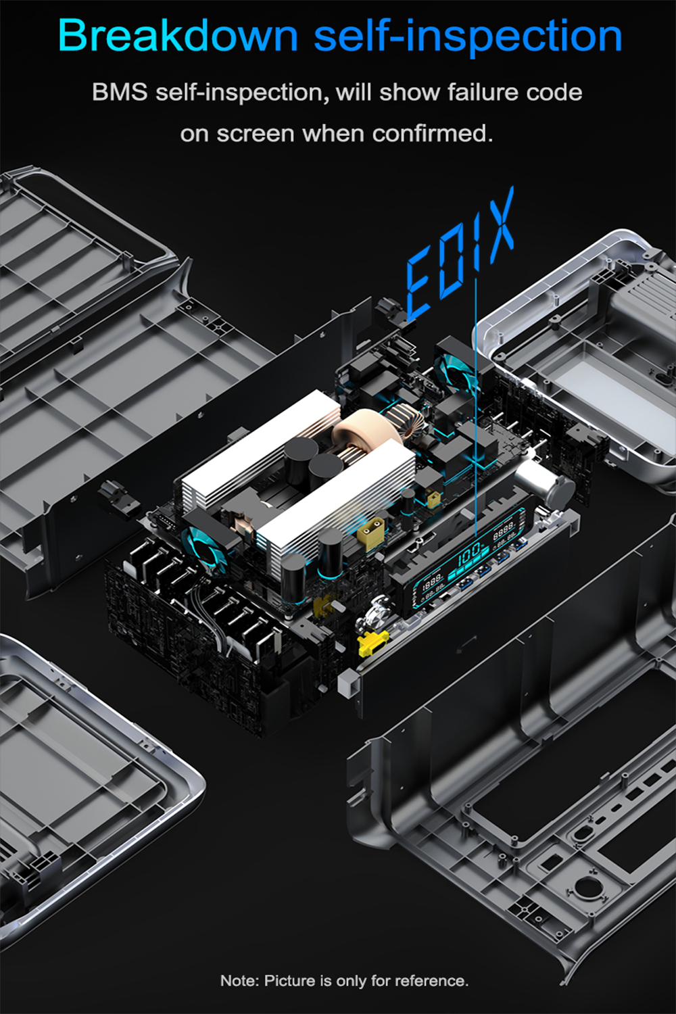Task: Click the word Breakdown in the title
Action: (x=178, y=35)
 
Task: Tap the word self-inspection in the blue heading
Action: (x=468, y=37)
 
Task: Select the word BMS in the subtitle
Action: (x=120, y=92)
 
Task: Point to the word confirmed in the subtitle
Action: (x=432, y=134)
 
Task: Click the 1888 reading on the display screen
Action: (x=432, y=581)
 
